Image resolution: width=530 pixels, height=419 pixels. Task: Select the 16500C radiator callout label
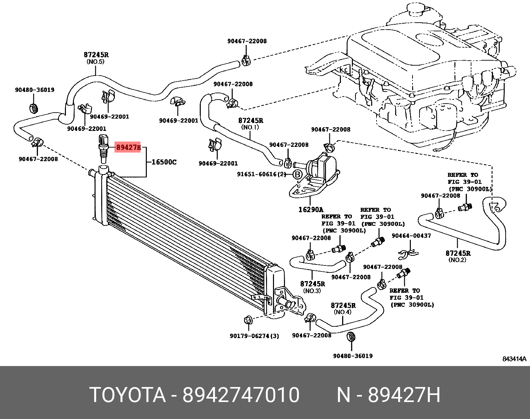[164, 162]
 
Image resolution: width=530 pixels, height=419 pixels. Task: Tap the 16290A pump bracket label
[310, 209]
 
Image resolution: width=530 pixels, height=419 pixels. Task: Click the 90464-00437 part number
[411, 236]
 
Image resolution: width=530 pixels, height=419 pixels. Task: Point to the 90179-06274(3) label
[254, 336]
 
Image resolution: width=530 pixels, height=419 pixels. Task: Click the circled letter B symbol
[298, 174]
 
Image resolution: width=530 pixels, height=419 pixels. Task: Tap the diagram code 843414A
[514, 359]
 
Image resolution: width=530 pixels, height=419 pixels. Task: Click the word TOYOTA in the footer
[128, 395]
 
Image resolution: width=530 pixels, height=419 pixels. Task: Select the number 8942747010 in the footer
[241, 395]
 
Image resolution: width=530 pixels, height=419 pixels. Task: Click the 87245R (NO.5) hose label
[96, 57]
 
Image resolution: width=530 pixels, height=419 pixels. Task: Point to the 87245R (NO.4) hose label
[343, 308]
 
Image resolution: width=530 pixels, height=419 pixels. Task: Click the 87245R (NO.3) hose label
[312, 287]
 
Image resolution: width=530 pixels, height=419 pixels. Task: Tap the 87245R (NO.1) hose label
[250, 123]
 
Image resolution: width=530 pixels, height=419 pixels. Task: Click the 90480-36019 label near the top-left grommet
[35, 90]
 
